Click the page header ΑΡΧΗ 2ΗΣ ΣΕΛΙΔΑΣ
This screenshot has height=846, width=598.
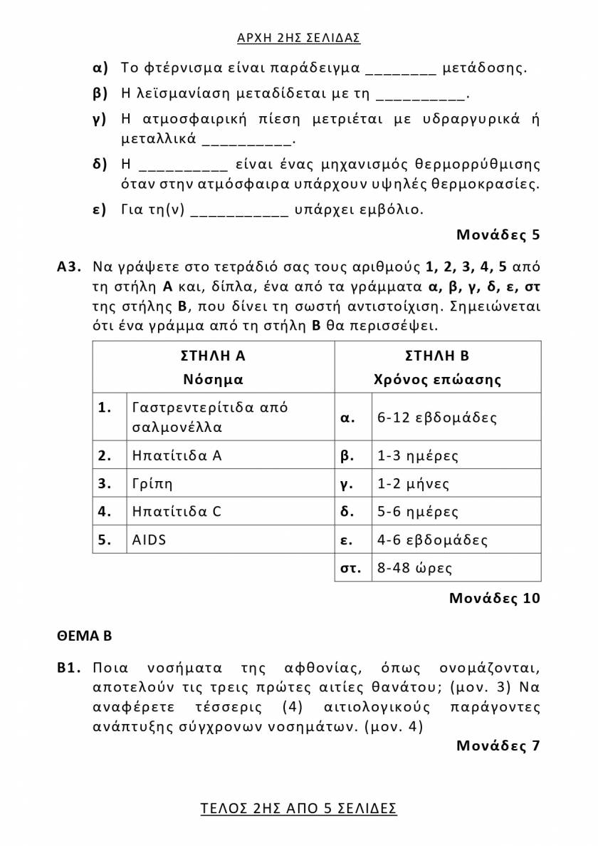[298, 38]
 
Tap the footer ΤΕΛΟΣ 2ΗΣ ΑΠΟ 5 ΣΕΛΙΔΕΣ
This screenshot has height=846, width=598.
[298, 808]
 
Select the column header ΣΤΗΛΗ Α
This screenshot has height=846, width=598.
[213, 356]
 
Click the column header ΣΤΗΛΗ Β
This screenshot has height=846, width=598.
[437, 356]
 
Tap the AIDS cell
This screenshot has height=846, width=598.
[149, 540]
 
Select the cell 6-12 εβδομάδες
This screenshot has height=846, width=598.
[437, 418]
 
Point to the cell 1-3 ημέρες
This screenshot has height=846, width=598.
[418, 455]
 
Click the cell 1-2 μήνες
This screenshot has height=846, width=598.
[414, 484]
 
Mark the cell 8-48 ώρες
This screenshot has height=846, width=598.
[415, 568]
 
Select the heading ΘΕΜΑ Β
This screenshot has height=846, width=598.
[85, 635]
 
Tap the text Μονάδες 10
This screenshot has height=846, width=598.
[495, 598]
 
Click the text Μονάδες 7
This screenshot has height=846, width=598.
[498, 746]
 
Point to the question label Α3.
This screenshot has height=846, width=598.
[70, 267]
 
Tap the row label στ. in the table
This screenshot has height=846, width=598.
[351, 568]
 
